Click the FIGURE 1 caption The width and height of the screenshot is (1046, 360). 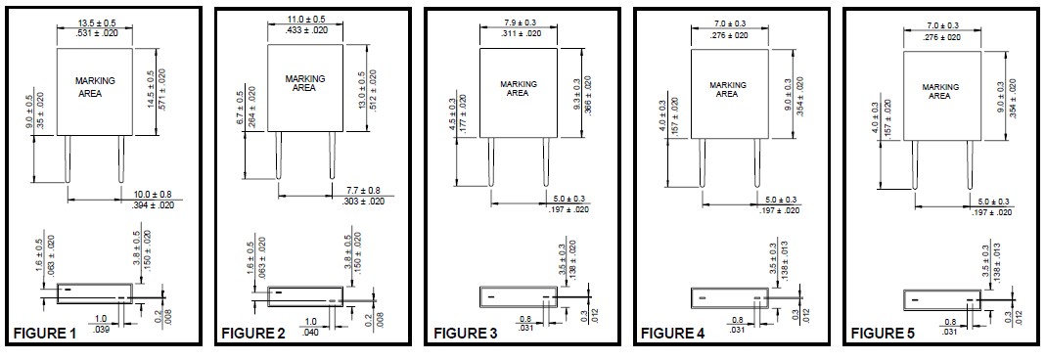45,335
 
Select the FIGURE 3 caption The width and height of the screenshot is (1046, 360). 465,335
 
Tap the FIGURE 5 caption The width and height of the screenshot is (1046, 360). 883,335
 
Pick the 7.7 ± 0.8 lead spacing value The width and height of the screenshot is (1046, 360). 364,190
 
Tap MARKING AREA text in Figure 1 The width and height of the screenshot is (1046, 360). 94,87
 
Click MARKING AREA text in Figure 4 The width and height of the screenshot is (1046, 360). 727,90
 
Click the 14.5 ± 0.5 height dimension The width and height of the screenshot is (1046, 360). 150,90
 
